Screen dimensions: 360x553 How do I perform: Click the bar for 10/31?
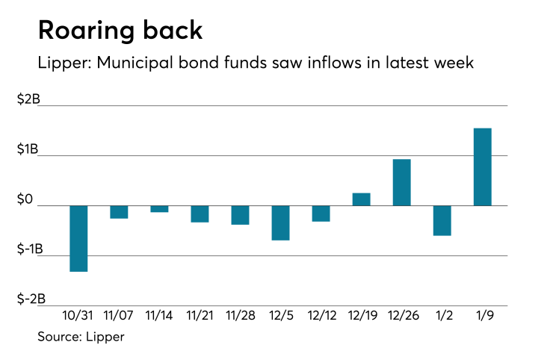78,238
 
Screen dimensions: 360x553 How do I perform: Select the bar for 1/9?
482,167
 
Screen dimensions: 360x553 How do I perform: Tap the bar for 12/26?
401,182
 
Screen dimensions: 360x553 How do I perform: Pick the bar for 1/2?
442,220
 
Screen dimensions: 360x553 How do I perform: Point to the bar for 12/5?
280,223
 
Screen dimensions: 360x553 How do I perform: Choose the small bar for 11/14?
159,209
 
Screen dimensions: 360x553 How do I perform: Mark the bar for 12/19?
361,199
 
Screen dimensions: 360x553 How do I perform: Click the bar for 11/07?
119,212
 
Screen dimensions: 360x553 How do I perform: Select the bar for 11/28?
240,215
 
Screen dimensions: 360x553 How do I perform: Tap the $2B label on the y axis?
29,100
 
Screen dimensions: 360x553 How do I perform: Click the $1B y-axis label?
29,150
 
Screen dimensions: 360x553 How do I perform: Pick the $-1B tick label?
31,249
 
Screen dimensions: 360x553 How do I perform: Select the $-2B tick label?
31,299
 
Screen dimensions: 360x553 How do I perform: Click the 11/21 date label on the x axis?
200,315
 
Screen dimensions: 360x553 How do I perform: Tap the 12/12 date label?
321,315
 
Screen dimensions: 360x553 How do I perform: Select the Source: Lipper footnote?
81,337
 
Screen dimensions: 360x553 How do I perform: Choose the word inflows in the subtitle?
327,63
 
